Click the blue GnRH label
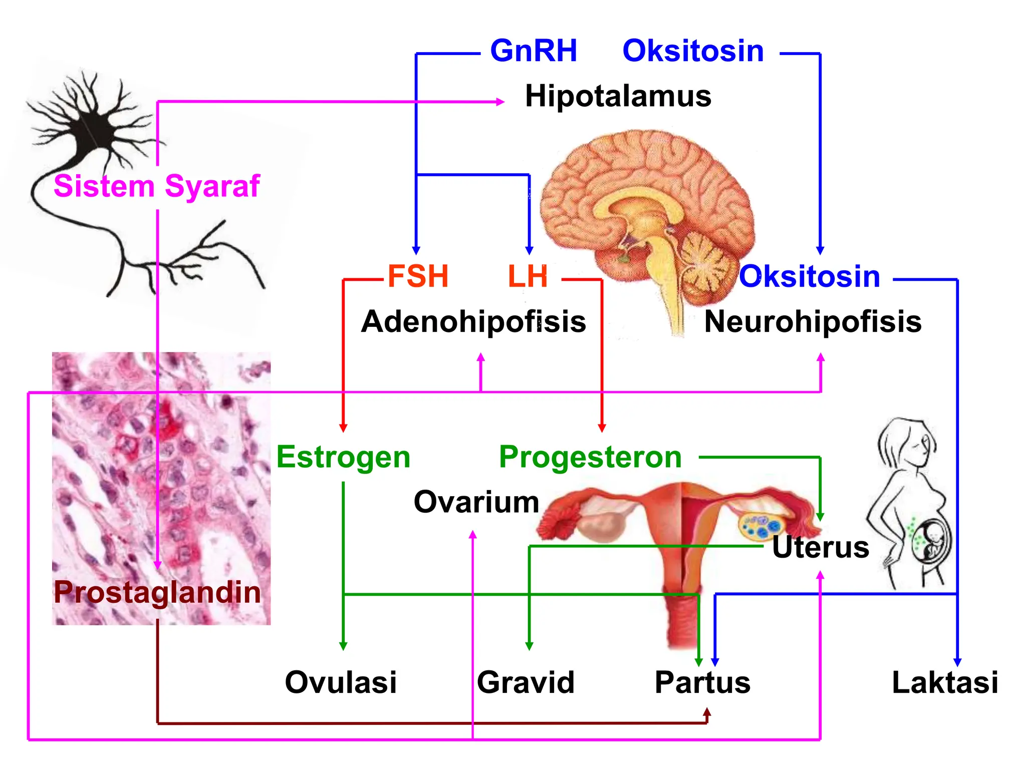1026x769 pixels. coord(534,51)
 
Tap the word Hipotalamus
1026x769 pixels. coord(618,96)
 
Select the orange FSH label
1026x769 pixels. coord(418,276)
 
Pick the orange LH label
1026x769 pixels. coord(528,276)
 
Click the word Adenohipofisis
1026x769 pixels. coord(473,321)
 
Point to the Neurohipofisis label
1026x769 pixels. coord(813,321)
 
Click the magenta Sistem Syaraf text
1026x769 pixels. coord(157,186)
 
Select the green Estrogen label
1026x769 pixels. coord(343,458)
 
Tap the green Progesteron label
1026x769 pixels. coord(590,458)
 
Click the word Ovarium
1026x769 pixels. coord(476,502)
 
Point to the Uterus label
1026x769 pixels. coord(821,547)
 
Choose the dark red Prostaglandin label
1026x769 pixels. coord(157,593)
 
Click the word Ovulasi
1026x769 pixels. coord(341,682)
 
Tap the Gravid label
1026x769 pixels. coord(526,682)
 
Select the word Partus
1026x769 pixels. coord(702,682)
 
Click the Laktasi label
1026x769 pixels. coord(945,682)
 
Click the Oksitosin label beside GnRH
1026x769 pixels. coord(693,51)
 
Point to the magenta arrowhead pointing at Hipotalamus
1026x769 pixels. coord(500,102)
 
